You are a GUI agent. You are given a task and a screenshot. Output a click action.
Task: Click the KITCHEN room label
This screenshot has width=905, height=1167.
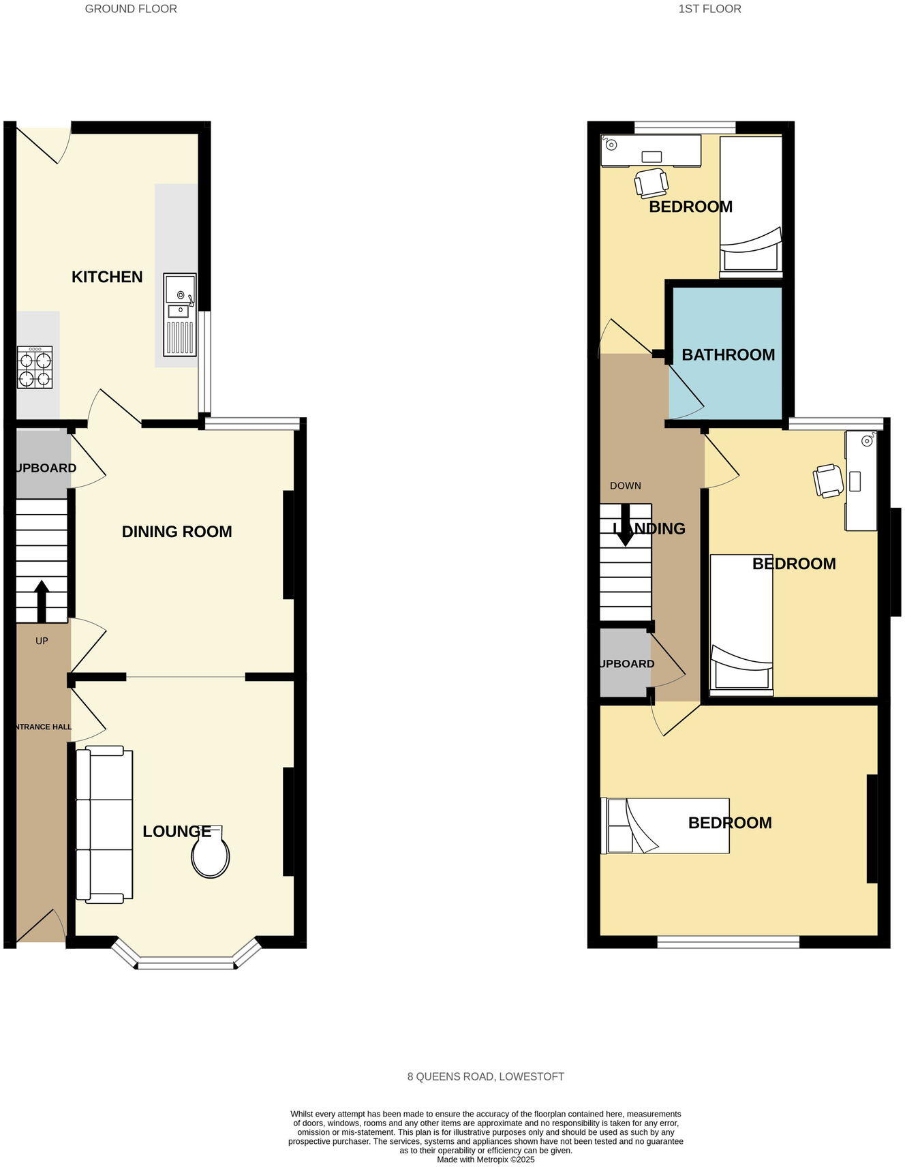pyautogui.click(x=107, y=277)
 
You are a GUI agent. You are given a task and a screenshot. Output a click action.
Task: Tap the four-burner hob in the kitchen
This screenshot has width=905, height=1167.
pyautogui.click(x=35, y=367)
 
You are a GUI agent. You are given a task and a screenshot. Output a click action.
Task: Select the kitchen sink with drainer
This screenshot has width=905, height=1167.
pyautogui.click(x=180, y=314)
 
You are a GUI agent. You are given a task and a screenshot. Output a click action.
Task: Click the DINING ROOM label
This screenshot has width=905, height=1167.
pyautogui.click(x=177, y=532)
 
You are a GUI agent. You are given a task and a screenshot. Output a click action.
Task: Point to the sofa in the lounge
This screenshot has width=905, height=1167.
pyautogui.click(x=104, y=824)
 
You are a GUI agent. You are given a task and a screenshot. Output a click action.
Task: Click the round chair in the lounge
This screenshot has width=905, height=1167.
pyautogui.click(x=210, y=854)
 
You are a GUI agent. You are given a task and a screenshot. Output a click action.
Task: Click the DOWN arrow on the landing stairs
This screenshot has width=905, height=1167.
pyautogui.click(x=625, y=526)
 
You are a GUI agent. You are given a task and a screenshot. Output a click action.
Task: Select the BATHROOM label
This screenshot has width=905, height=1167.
pyautogui.click(x=728, y=354)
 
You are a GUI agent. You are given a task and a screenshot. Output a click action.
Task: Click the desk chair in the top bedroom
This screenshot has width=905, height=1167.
pyautogui.click(x=651, y=182)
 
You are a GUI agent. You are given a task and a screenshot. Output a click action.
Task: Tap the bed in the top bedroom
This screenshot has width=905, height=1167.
pyautogui.click(x=750, y=204)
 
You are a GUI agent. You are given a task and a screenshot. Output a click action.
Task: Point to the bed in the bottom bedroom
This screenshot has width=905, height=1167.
pyautogui.click(x=664, y=825)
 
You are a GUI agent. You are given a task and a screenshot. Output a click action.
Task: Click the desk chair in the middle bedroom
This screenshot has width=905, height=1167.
pyautogui.click(x=828, y=481)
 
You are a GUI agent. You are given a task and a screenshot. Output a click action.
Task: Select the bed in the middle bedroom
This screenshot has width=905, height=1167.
pyautogui.click(x=741, y=624)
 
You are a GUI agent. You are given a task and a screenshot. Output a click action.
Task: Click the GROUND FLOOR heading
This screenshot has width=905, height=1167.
pyautogui.click(x=131, y=9)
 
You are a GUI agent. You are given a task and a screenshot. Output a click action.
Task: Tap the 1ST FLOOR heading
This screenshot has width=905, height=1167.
pyautogui.click(x=709, y=9)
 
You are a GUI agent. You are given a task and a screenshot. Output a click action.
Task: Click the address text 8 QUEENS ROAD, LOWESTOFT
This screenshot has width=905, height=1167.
pyautogui.click(x=485, y=1076)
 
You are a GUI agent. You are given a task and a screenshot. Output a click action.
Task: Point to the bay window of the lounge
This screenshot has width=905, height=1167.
pyautogui.click(x=185, y=962)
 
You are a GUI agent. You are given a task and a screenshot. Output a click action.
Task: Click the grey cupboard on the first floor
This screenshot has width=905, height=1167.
pyautogui.click(x=624, y=663)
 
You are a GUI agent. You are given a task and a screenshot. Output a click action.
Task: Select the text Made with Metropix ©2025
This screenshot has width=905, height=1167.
pyautogui.click(x=485, y=1159)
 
